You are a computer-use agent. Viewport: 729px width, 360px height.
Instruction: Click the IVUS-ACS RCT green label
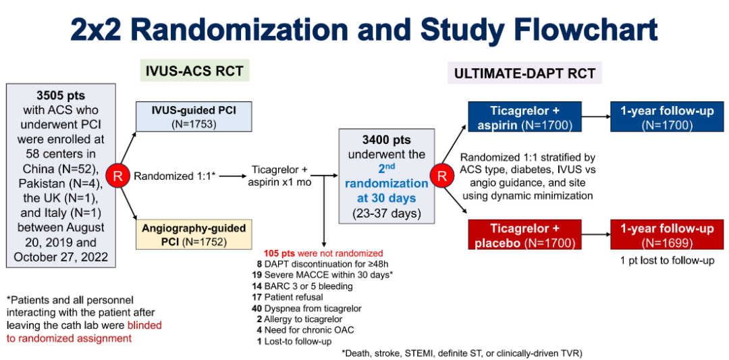(194, 70)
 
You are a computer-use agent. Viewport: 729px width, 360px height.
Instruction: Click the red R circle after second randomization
(443, 176)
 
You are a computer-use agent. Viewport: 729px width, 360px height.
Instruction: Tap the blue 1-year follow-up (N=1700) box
(667, 117)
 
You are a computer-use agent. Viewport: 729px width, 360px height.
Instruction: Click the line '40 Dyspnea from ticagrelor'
(308, 309)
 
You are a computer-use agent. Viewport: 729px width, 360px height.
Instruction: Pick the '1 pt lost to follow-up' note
(667, 260)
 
